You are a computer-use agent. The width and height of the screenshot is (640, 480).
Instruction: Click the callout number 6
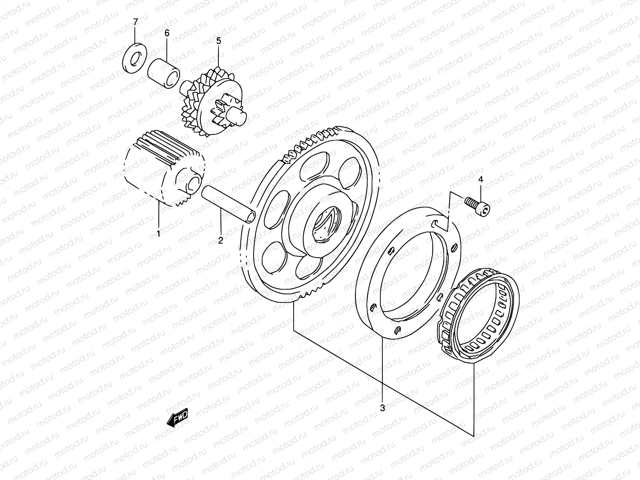pyautogui.click(x=167, y=33)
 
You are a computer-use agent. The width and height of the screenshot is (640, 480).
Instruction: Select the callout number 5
pyautogui.click(x=218, y=40)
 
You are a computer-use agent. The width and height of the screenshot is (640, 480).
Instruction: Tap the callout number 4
pyautogui.click(x=480, y=180)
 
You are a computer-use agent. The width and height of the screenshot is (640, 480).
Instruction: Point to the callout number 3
pyautogui.click(x=382, y=408)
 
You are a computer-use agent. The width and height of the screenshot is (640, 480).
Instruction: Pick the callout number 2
pyautogui.click(x=220, y=240)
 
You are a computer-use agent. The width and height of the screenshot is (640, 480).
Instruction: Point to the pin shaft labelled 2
pyautogui.click(x=228, y=203)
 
